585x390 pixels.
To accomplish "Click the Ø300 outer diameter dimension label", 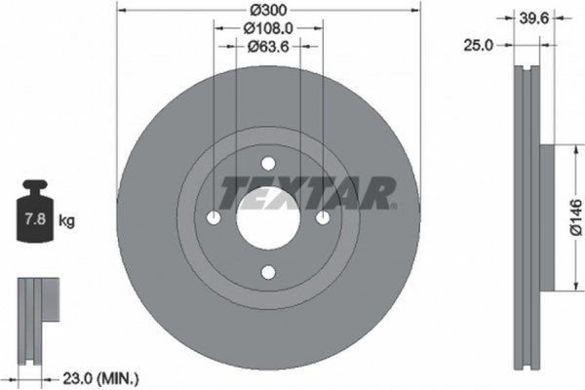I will (269, 9).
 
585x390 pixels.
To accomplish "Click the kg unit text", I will (66, 221).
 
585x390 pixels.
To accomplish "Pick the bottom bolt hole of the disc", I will (269, 275).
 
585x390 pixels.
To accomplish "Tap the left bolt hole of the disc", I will (214, 218).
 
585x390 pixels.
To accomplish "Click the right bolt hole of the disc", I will (325, 218).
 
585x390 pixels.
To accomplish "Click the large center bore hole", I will (269, 218).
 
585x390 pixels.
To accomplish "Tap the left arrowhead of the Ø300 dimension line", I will (121, 9).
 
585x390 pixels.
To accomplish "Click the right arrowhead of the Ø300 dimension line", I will (419, 9).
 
